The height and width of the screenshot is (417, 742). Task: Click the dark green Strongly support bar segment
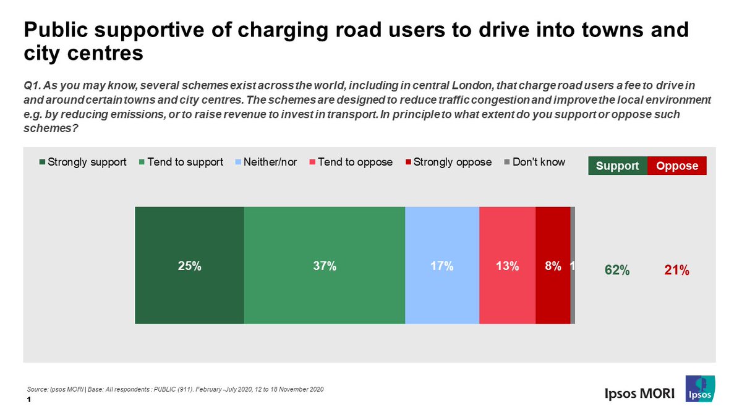[x=189, y=266]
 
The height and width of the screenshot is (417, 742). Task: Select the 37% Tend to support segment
[x=324, y=266]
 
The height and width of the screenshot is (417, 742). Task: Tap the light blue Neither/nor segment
[x=441, y=266]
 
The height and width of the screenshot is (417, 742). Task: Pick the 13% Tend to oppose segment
[x=506, y=266]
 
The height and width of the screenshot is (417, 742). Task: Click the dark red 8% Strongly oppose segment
[x=552, y=266]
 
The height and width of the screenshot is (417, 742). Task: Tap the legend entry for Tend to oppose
[x=350, y=162]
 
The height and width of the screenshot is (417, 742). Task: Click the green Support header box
[x=617, y=166]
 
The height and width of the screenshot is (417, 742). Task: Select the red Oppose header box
[x=676, y=166]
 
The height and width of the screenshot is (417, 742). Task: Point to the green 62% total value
[x=616, y=270]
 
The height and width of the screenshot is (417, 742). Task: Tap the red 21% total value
[x=677, y=270]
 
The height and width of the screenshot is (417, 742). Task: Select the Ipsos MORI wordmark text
[x=639, y=394]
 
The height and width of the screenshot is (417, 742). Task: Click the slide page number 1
[x=29, y=400]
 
